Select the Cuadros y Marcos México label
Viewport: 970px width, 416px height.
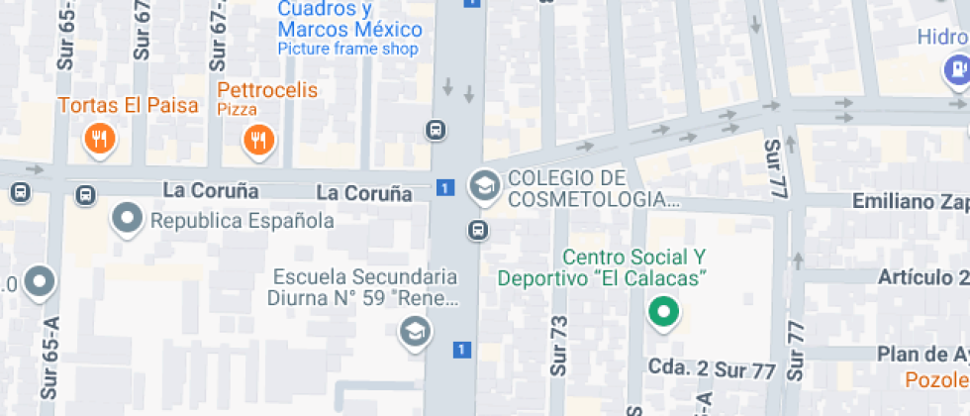click(x=349, y=20)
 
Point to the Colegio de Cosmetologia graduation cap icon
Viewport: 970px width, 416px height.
click(x=484, y=185)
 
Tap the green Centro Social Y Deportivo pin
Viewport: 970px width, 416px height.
click(x=663, y=313)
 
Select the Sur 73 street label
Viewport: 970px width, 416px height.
click(x=559, y=345)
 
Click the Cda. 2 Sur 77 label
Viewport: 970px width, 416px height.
click(x=711, y=368)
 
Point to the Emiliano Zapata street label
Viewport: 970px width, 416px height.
click(x=911, y=202)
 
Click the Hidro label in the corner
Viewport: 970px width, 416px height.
click(x=941, y=37)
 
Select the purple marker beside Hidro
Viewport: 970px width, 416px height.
click(x=956, y=69)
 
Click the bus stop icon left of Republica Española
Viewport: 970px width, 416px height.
click(x=85, y=195)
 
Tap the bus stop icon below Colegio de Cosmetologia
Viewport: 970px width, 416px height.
click(x=478, y=231)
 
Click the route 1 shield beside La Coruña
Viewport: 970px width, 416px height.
click(x=446, y=187)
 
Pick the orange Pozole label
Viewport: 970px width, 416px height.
click(x=936, y=379)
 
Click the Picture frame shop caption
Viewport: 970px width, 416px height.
click(x=347, y=49)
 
